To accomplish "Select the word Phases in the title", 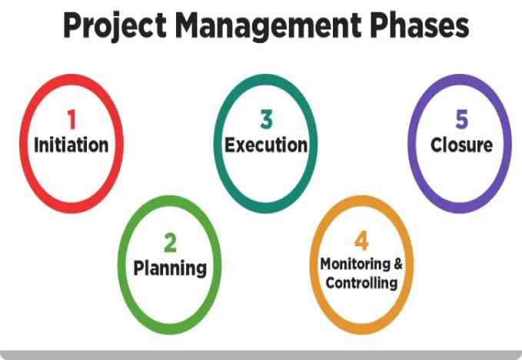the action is coord(420,25).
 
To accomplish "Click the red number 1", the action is coord(71,119).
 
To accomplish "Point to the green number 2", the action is coord(170,243).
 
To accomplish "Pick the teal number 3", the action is coord(266,119).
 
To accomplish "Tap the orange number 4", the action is coord(361,241).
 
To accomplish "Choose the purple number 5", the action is coord(462,119).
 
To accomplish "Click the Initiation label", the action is coord(71,145).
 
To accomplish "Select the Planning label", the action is coord(170,268).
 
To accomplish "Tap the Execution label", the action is coord(266,145).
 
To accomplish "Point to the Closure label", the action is coord(461,145).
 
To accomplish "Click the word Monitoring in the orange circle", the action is coord(355,265).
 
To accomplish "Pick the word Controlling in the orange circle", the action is coord(361,283).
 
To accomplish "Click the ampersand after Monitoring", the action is coord(398,264).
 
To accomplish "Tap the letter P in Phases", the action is coord(377,25).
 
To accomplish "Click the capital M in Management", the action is coord(187,25).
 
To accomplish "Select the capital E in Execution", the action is coord(230,145).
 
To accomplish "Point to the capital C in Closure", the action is coord(437,145).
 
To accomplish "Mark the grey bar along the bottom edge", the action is coord(261,355).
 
